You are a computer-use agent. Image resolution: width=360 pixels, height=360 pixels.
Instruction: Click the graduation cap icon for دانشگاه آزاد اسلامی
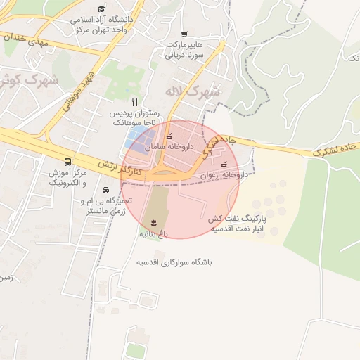(102, 9)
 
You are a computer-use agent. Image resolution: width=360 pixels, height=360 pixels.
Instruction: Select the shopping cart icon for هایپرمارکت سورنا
(184, 34)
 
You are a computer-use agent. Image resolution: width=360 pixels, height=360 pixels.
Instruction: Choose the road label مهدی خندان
(25, 40)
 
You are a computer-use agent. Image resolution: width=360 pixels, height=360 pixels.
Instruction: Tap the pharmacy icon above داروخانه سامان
(168, 136)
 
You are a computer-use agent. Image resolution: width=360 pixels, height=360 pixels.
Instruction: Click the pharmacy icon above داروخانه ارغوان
(224, 165)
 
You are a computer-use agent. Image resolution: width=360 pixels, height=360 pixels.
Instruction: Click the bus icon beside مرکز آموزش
(67, 162)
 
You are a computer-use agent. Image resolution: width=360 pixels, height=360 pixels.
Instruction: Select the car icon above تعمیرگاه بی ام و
(105, 190)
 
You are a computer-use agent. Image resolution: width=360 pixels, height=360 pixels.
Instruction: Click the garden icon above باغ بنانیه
(155, 224)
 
